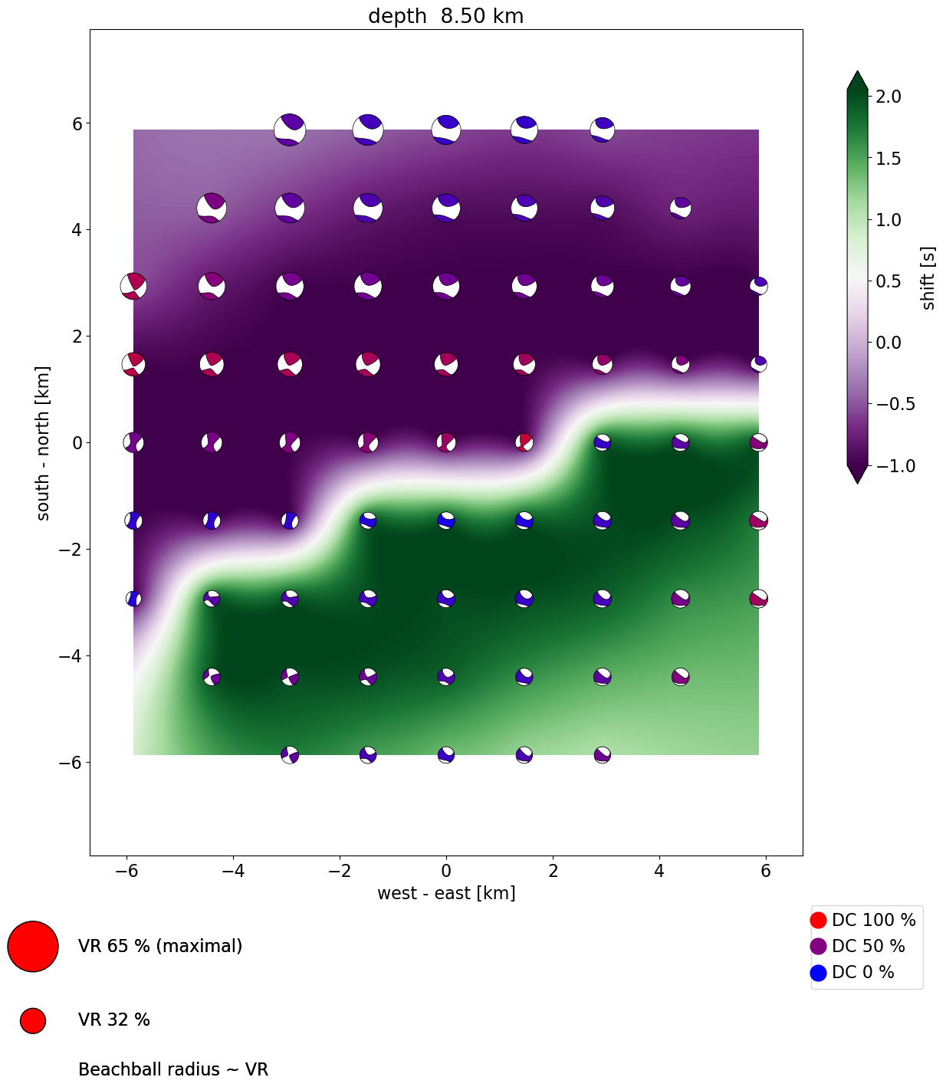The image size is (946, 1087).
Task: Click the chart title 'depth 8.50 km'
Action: (x=445, y=16)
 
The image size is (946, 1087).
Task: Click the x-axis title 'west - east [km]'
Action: (x=445, y=893)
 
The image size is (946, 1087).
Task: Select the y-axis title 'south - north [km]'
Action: (x=44, y=443)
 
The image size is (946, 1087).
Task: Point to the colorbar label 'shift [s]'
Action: (x=928, y=278)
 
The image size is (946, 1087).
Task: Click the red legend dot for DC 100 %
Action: (x=819, y=920)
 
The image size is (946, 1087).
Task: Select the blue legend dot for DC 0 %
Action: (x=819, y=973)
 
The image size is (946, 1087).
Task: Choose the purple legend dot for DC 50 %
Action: (x=819, y=947)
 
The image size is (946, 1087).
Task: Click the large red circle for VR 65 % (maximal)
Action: (x=33, y=947)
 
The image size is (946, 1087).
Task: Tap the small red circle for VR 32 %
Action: (x=33, y=1020)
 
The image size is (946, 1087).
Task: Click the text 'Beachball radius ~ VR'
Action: (x=173, y=1069)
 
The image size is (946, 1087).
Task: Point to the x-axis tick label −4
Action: (x=233, y=871)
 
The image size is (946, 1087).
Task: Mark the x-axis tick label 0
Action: (x=446, y=871)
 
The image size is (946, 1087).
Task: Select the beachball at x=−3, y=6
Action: (x=290, y=130)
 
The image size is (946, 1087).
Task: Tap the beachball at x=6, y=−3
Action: (x=758, y=599)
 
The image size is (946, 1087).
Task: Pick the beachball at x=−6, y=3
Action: (x=133, y=286)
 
